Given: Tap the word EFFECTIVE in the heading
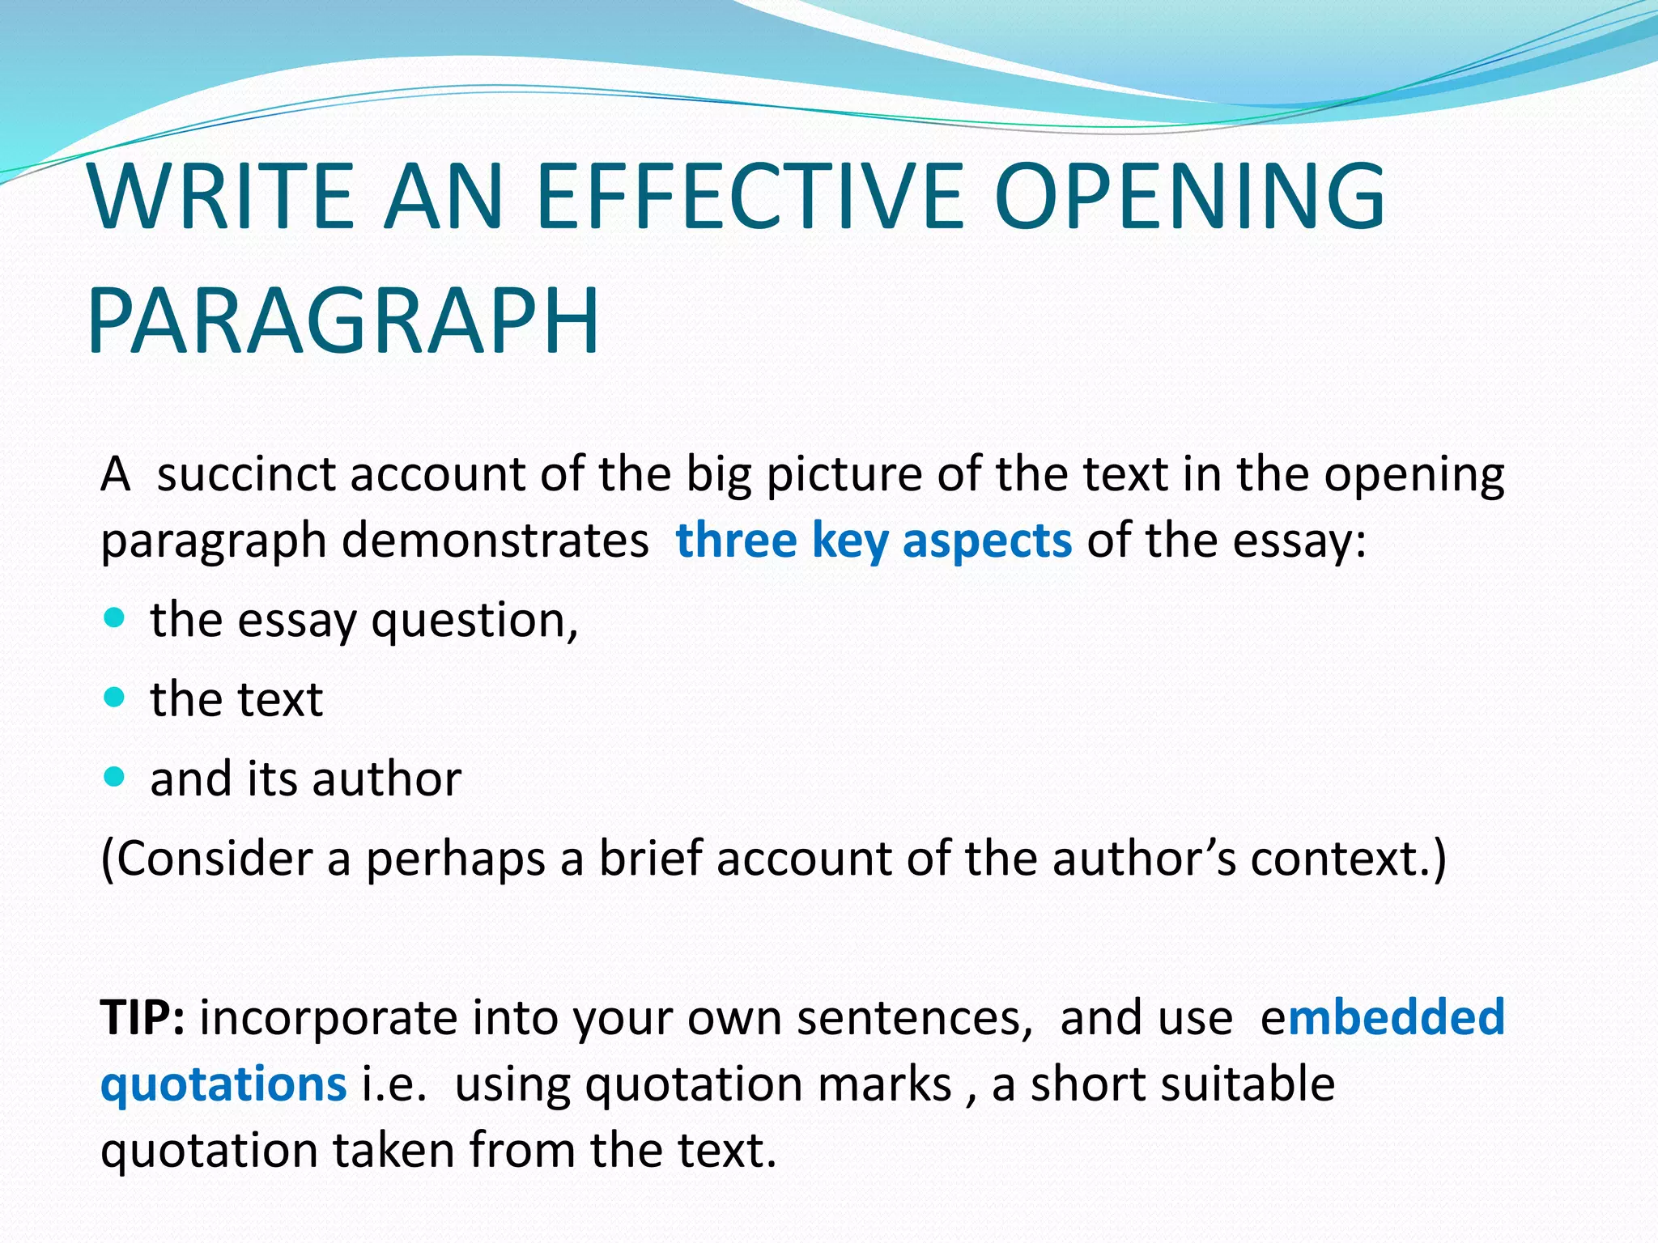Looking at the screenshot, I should point(749,197).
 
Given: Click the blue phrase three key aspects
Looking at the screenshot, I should point(874,541).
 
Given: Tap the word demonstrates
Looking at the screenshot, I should point(495,541).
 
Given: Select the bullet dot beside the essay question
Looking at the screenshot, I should point(115,618).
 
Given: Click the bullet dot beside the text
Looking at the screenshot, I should point(115,697).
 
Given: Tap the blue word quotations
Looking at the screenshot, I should point(223,1084).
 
